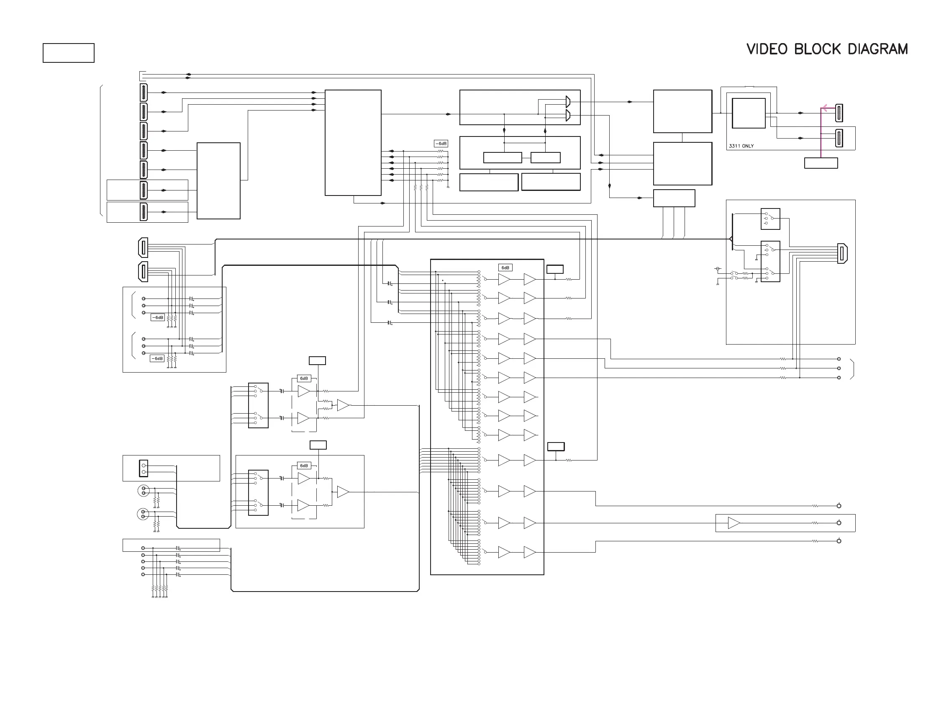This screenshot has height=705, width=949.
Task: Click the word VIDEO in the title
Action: pyautogui.click(x=767, y=49)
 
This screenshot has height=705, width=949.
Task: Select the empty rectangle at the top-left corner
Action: pyautogui.click(x=68, y=53)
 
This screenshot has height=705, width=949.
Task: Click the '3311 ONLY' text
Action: pyautogui.click(x=741, y=146)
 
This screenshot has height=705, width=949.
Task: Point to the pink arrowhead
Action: pyautogui.click(x=824, y=108)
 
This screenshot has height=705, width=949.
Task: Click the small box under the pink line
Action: pyautogui.click(x=821, y=163)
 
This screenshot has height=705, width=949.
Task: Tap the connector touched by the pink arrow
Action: pyautogui.click(x=839, y=113)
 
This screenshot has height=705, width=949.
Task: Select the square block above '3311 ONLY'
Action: pyautogui.click(x=748, y=113)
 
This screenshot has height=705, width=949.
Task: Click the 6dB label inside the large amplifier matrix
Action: pyautogui.click(x=505, y=268)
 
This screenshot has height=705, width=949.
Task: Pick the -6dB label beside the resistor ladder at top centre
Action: pyautogui.click(x=441, y=144)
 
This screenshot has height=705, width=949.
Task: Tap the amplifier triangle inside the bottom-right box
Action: pyautogui.click(x=734, y=523)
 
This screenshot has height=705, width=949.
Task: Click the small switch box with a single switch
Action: pyautogui.click(x=770, y=219)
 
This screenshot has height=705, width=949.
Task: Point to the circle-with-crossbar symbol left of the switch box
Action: pyautogui.click(x=718, y=269)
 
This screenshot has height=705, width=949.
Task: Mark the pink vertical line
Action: pyautogui.click(x=821, y=132)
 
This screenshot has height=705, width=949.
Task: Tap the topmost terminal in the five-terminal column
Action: pyautogui.click(x=143, y=548)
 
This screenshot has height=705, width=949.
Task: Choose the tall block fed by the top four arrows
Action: pyautogui.click(x=353, y=142)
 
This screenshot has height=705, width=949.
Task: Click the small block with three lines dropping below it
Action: pyautogui.click(x=674, y=198)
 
